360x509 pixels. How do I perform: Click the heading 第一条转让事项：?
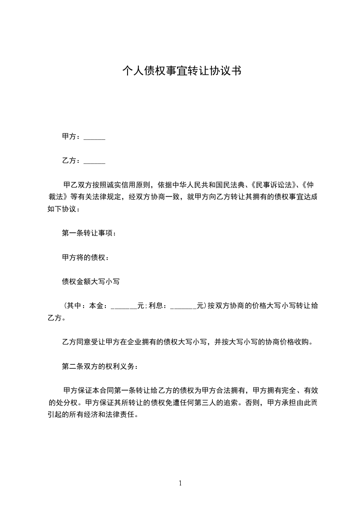click(x=89, y=233)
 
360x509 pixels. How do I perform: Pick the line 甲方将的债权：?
click(x=85, y=258)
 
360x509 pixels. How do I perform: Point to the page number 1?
click(x=180, y=483)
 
